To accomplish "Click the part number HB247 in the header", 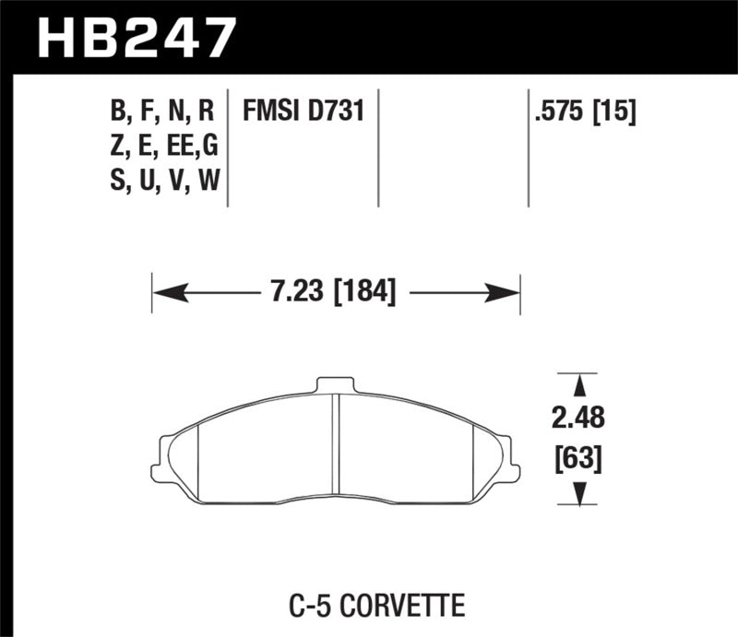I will click(x=136, y=37).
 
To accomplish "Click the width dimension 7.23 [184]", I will click(x=336, y=293).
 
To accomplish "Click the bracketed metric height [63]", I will click(x=578, y=457).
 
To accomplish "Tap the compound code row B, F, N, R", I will click(x=161, y=112).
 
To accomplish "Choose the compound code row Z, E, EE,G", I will click(x=161, y=147).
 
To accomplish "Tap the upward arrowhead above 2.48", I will click(x=578, y=383).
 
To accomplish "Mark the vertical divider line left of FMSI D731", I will click(x=228, y=147).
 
